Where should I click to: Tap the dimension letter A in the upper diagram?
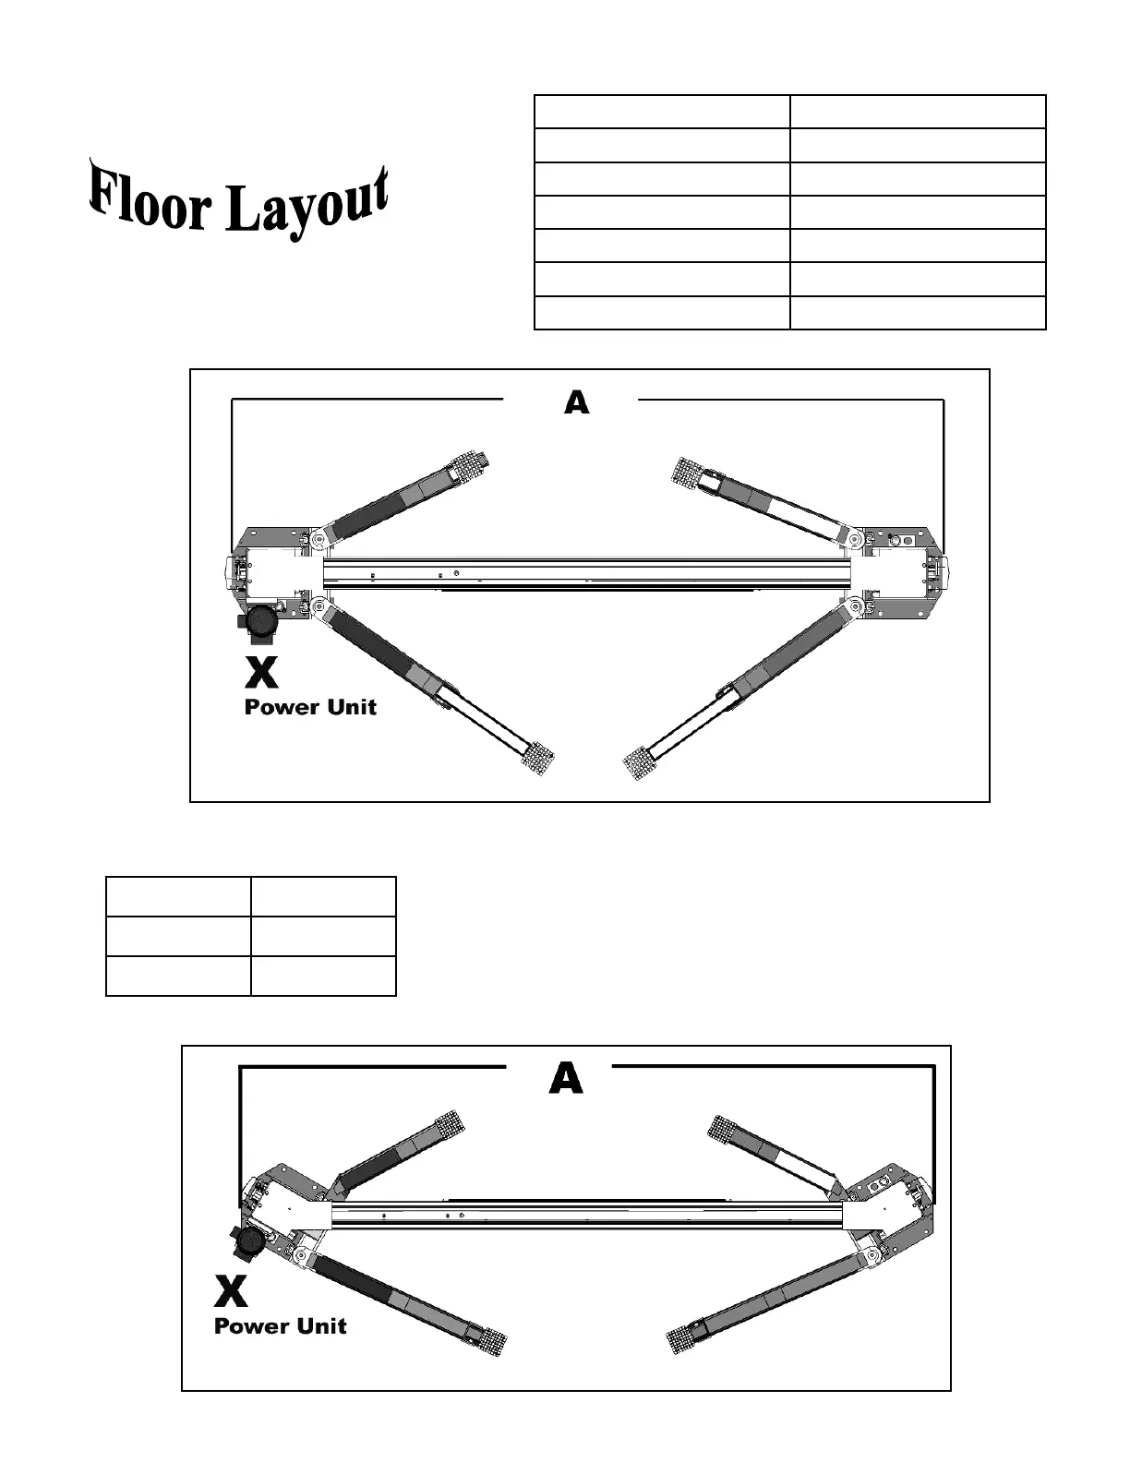[x=577, y=402]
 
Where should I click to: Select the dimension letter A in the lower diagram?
[x=566, y=1078]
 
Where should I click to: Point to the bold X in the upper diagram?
[x=262, y=672]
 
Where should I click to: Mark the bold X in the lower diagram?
[x=231, y=1291]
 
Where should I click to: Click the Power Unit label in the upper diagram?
[x=310, y=708]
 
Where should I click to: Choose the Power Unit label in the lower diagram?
[x=280, y=1326]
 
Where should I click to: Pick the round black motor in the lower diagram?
[x=248, y=1242]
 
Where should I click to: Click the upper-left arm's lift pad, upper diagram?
[x=470, y=464]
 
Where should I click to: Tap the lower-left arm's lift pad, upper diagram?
[x=537, y=760]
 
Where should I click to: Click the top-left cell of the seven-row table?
[x=662, y=112]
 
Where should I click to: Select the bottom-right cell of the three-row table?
[x=323, y=977]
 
